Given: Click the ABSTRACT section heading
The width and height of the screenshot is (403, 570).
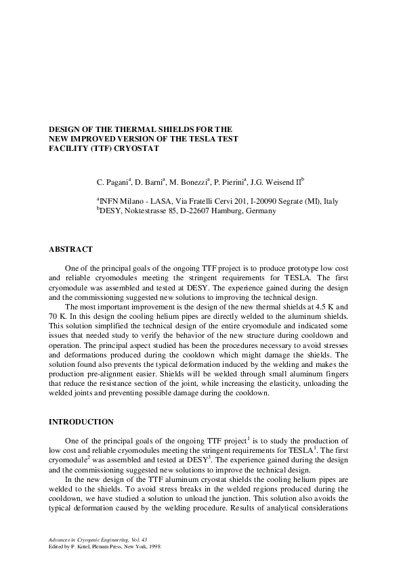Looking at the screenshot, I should click(70, 250).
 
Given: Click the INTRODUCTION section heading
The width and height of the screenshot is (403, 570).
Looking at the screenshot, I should click(81, 422).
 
